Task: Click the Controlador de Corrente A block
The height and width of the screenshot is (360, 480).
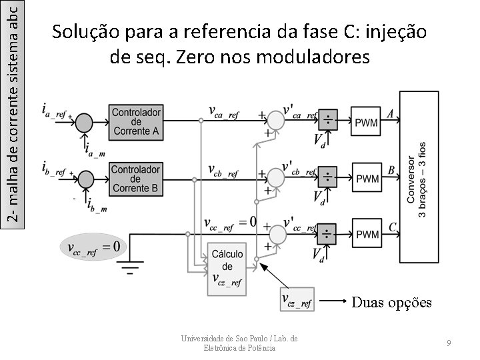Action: pos(136,122)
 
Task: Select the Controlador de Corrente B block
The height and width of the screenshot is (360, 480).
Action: pos(136,179)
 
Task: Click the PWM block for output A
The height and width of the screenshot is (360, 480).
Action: pos(367,122)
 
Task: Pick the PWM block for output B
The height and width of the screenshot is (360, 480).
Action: pos(367,178)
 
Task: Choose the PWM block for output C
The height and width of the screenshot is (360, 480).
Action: pos(367,234)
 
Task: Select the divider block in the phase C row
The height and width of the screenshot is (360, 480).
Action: pos(328,233)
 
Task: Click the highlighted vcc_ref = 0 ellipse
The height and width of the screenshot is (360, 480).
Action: pos(93,247)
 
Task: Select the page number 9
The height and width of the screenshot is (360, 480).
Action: pos(450,342)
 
